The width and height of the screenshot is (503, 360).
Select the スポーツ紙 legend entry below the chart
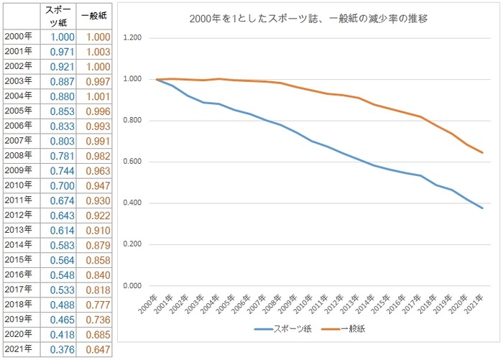coord(282,329)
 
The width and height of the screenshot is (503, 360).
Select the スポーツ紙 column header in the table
coord(57,16)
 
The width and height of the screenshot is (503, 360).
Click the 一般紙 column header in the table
coord(94,16)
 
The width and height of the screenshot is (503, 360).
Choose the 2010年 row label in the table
coord(18,185)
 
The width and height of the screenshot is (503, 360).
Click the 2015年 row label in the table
coord(18,260)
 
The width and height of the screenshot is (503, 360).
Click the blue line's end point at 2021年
coord(482,208)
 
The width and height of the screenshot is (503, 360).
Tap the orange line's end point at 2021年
coord(482,152)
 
